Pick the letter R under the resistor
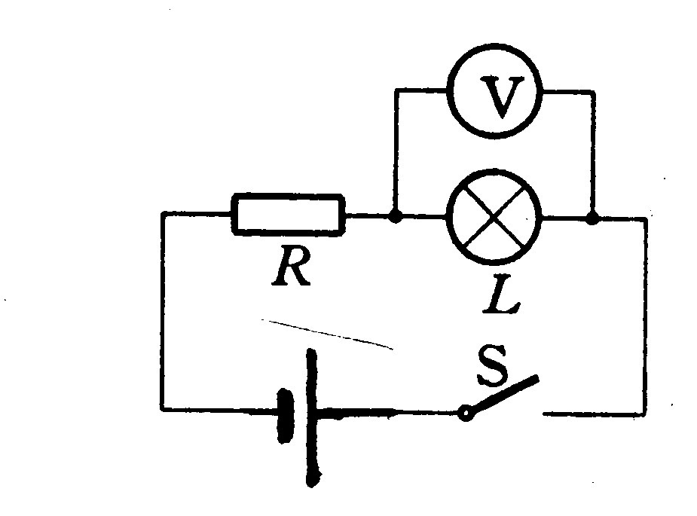point(292,266)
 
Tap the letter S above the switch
point(493,365)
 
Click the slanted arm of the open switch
point(504,394)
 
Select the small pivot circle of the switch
point(466,414)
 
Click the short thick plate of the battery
point(285,416)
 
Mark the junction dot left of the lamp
point(395,216)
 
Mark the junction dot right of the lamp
point(592,218)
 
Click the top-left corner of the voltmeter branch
point(396,90)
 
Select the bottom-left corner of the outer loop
point(163,408)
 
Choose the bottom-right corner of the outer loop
point(644,414)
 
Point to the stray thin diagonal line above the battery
point(327,334)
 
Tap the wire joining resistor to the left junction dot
point(367,215)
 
